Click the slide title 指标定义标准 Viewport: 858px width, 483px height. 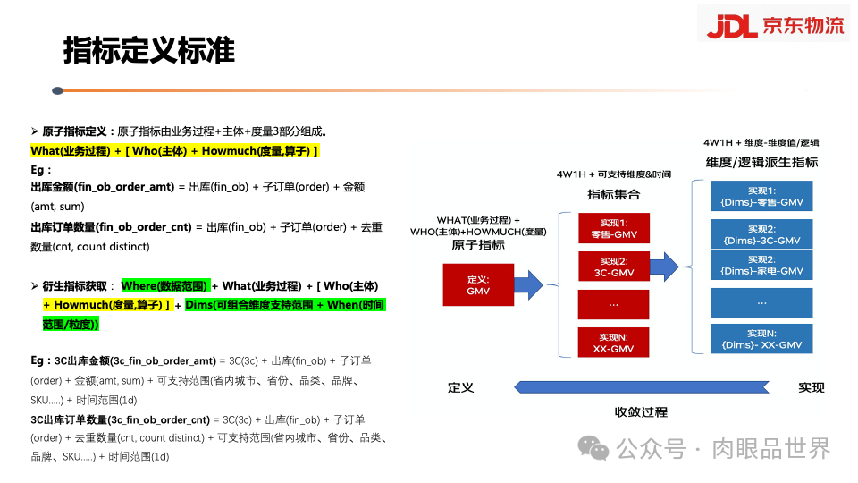tap(148, 51)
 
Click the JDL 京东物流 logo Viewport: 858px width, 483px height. tap(774, 24)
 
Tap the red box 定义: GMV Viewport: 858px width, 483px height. tap(478, 284)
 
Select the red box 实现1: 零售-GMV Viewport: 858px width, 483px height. tap(613, 229)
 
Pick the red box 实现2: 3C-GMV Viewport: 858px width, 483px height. tap(613, 266)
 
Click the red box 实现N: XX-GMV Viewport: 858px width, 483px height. tap(613, 343)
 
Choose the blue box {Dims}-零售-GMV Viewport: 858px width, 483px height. tap(761, 197)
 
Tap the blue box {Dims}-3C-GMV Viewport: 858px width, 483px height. tap(761, 234)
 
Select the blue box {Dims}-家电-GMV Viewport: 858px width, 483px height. tap(761, 265)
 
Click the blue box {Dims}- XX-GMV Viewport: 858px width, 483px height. tap(761, 338)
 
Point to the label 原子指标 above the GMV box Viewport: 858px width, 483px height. tap(478, 245)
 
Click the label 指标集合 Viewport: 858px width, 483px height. tap(613, 194)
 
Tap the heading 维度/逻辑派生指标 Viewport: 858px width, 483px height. tap(761, 163)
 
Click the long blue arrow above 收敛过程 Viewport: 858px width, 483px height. tap(640, 386)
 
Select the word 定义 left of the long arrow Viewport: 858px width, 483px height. tap(461, 387)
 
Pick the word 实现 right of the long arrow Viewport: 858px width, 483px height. tap(811, 387)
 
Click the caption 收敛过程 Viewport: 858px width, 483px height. tap(641, 412)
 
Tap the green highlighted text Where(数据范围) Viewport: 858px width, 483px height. tap(164, 285)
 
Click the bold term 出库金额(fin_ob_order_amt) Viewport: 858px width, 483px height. tap(102, 187)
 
